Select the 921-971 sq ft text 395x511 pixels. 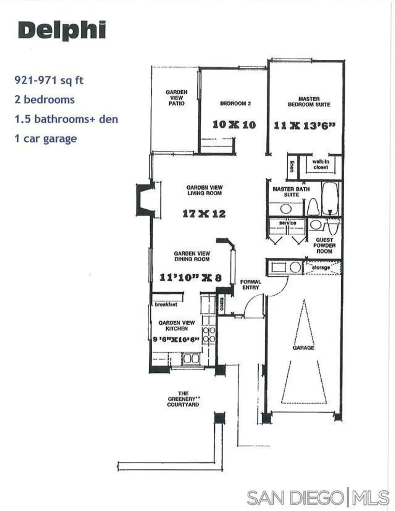click(49, 80)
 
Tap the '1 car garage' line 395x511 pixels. click(46, 139)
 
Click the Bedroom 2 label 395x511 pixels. click(236, 103)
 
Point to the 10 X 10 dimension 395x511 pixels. click(234, 125)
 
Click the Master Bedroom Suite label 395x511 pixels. click(309, 102)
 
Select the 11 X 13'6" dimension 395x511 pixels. click(304, 125)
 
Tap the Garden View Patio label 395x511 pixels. click(177, 97)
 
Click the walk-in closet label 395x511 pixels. click(321, 165)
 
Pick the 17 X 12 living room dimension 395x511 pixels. click(204, 214)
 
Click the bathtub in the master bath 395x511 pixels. click(330, 199)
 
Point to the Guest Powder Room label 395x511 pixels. click(324, 245)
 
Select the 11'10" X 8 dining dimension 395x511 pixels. click(191, 278)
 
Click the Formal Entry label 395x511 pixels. click(251, 284)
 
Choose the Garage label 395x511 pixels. click(303, 348)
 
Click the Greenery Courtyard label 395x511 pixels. click(183, 399)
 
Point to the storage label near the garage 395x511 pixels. click(321, 268)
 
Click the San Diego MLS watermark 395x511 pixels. click(318, 498)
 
